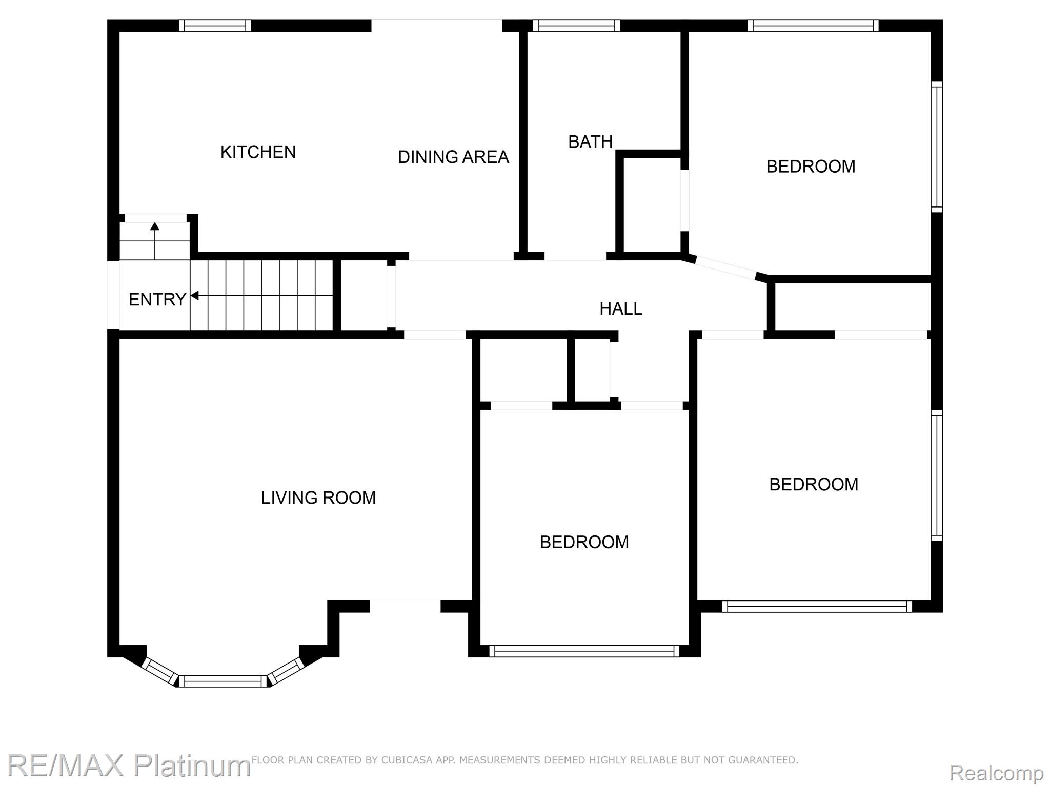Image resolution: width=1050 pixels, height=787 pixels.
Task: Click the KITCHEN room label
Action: click(x=258, y=152)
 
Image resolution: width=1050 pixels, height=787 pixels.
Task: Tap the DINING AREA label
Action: click(x=453, y=157)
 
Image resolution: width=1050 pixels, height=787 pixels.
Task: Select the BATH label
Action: click(x=590, y=141)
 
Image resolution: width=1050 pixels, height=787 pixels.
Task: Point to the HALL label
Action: click(x=621, y=308)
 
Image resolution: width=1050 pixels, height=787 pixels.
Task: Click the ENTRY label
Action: click(x=157, y=299)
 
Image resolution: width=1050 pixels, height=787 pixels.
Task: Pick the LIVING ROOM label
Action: click(x=318, y=498)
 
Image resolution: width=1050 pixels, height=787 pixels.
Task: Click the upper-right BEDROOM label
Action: click(x=811, y=167)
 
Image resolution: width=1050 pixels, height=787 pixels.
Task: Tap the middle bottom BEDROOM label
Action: click(x=584, y=542)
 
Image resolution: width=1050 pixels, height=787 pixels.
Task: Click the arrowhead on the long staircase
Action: click(x=194, y=296)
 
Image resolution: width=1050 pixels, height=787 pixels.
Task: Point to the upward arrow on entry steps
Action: click(x=155, y=241)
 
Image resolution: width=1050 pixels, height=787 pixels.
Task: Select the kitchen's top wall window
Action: click(x=215, y=26)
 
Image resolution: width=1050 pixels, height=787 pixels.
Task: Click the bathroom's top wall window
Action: click(x=576, y=26)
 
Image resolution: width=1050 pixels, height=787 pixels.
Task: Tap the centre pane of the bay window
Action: click(x=223, y=681)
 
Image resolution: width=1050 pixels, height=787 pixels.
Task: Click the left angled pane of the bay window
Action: click(x=160, y=671)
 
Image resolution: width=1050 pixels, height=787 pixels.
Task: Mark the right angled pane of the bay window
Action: click(x=286, y=671)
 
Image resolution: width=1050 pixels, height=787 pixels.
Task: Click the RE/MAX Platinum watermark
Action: click(x=128, y=765)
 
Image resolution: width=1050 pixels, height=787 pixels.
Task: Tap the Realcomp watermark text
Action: click(x=996, y=772)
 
